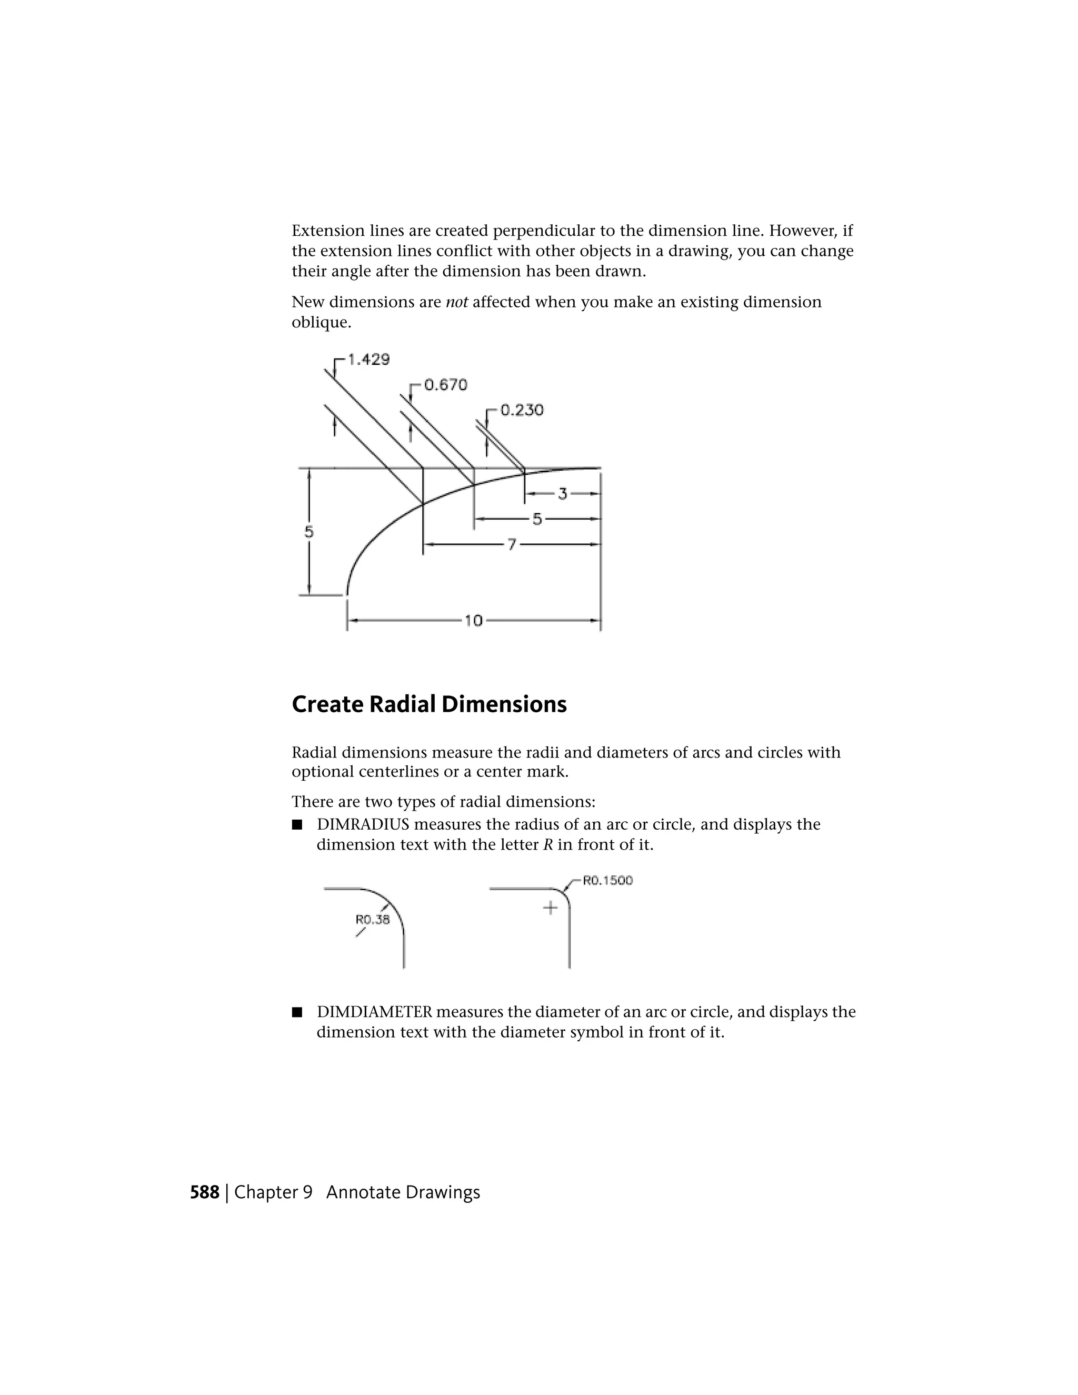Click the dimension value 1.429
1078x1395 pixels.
click(368, 360)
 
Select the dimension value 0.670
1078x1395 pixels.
click(446, 385)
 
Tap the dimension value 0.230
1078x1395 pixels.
click(522, 410)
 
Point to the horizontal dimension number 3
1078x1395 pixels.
click(563, 494)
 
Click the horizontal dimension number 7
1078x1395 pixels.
click(512, 545)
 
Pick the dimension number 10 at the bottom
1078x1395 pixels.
click(473, 620)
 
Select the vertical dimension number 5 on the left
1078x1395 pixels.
click(309, 532)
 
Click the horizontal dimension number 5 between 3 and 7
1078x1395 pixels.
click(537, 519)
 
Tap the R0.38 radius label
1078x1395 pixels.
click(372, 920)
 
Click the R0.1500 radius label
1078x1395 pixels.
click(607, 881)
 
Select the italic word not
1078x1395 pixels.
click(456, 302)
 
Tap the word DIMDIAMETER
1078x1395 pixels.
click(374, 1012)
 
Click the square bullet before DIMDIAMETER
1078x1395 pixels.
click(296, 1012)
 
